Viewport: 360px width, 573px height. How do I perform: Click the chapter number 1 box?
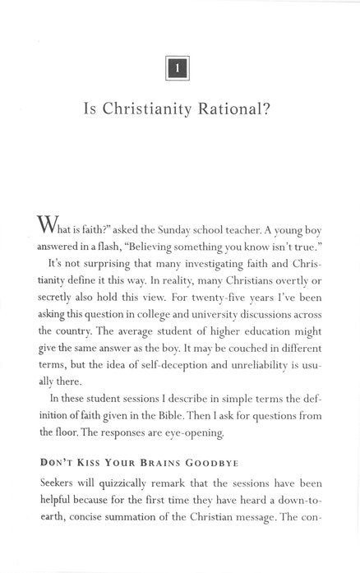[x=178, y=68]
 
